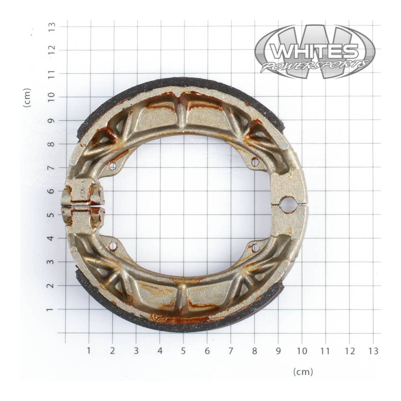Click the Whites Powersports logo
pos(315,51)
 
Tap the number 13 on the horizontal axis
pos(373,351)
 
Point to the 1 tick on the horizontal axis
pos(88,351)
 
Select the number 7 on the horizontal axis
pos(231,351)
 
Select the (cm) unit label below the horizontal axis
pos(303,372)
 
